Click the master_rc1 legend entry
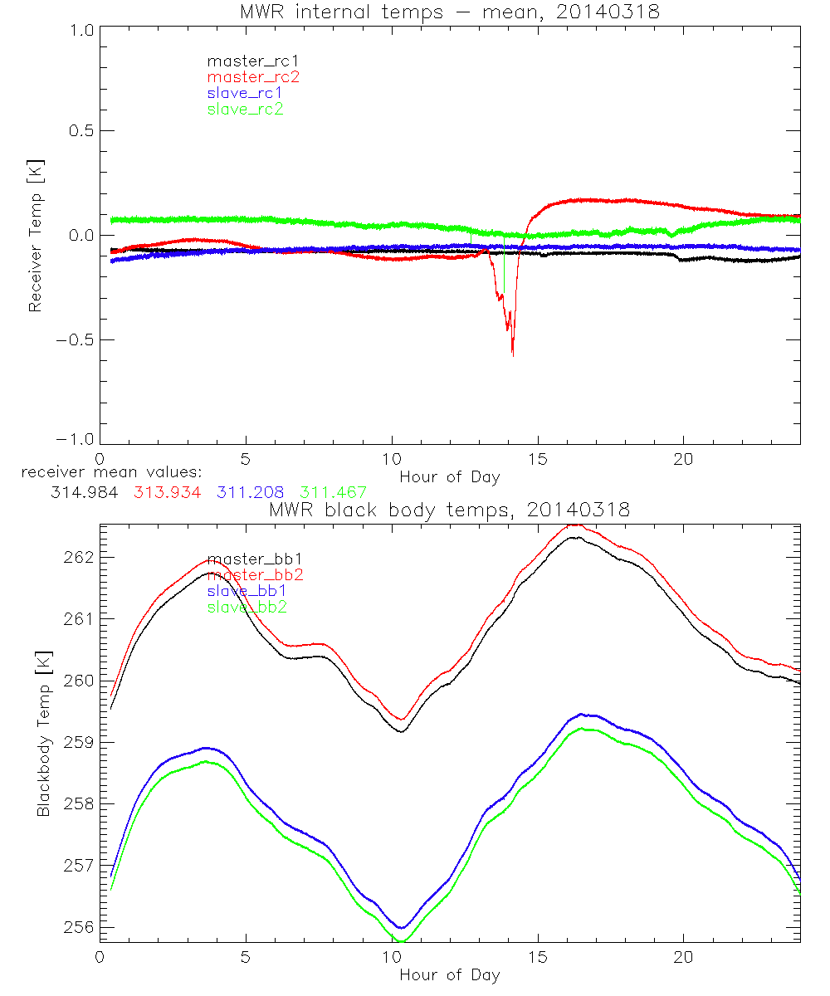(245, 61)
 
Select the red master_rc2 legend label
(253, 76)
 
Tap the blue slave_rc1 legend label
(245, 93)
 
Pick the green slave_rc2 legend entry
(245, 109)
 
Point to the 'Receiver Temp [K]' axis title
(36, 235)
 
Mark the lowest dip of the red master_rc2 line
(513, 355)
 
